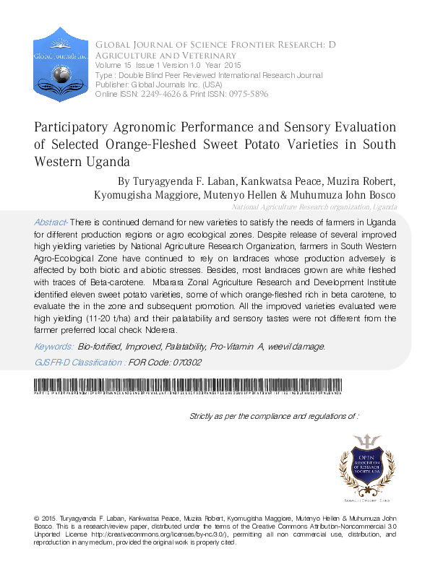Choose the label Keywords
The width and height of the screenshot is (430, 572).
click(53, 347)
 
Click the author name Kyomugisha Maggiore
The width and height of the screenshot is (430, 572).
click(135, 195)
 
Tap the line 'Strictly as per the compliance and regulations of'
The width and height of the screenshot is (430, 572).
click(273, 417)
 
